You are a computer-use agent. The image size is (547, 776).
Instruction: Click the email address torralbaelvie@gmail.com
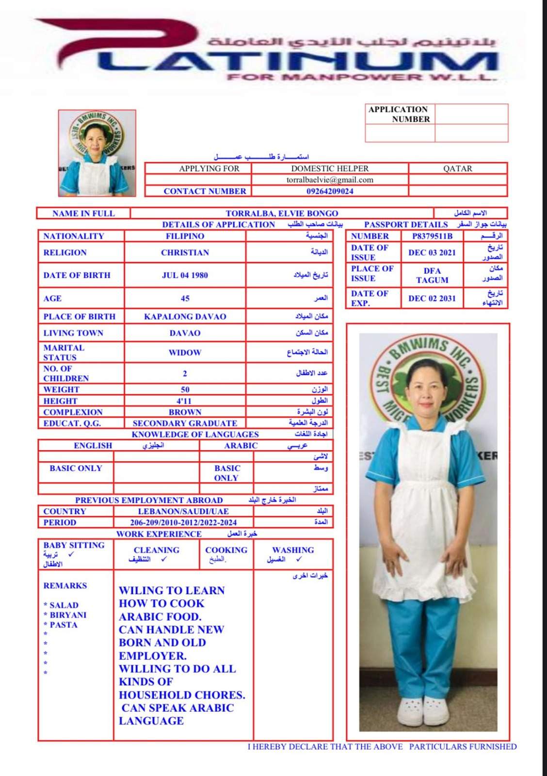point(330,180)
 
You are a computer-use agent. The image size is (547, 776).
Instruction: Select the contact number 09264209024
point(330,191)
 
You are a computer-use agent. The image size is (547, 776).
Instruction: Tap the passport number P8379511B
point(432,236)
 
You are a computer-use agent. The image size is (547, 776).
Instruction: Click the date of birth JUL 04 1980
point(185,275)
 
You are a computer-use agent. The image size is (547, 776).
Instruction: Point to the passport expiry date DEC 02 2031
point(432,298)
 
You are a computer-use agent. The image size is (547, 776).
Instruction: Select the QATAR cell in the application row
point(457,169)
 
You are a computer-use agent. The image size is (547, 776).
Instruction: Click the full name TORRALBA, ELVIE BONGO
point(282,213)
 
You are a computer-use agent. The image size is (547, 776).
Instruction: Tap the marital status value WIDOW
point(185,353)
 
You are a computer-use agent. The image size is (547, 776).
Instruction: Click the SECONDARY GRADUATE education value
point(185,423)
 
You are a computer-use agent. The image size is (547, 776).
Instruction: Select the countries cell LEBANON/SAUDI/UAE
point(183,511)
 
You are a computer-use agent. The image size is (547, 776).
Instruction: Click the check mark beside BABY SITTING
point(71,554)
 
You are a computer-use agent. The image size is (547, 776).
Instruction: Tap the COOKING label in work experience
point(226,550)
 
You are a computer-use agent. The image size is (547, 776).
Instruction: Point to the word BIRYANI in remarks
point(68,615)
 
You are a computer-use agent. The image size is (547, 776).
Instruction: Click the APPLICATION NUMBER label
point(399,114)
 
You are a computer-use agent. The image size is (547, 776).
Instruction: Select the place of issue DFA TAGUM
point(432,275)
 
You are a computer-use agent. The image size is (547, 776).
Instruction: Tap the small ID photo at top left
point(97,153)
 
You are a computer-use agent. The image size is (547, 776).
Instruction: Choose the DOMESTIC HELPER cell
point(330,169)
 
